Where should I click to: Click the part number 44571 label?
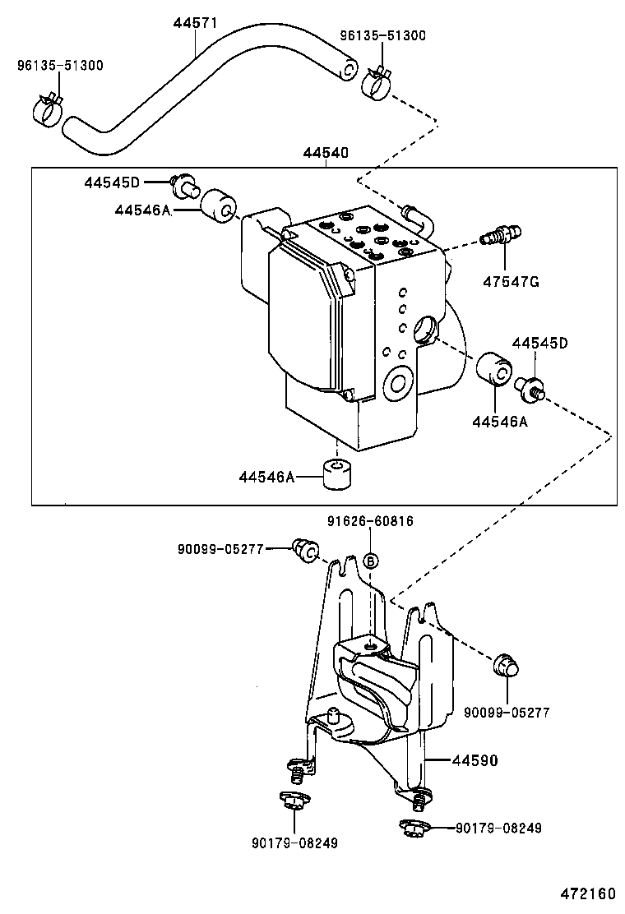(x=196, y=23)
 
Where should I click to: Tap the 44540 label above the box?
(x=326, y=153)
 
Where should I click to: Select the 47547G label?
(x=511, y=282)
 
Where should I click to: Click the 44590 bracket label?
(x=475, y=760)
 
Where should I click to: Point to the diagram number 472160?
(x=588, y=893)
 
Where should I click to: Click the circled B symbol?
(x=371, y=561)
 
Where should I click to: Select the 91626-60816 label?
(x=369, y=520)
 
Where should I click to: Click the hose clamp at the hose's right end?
(x=376, y=82)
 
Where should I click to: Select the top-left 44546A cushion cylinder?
(x=219, y=205)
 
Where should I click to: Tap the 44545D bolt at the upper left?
(x=184, y=186)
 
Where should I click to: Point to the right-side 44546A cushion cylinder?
(x=494, y=368)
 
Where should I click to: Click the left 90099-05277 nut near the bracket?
(x=305, y=551)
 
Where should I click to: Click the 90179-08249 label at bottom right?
(x=498, y=828)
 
